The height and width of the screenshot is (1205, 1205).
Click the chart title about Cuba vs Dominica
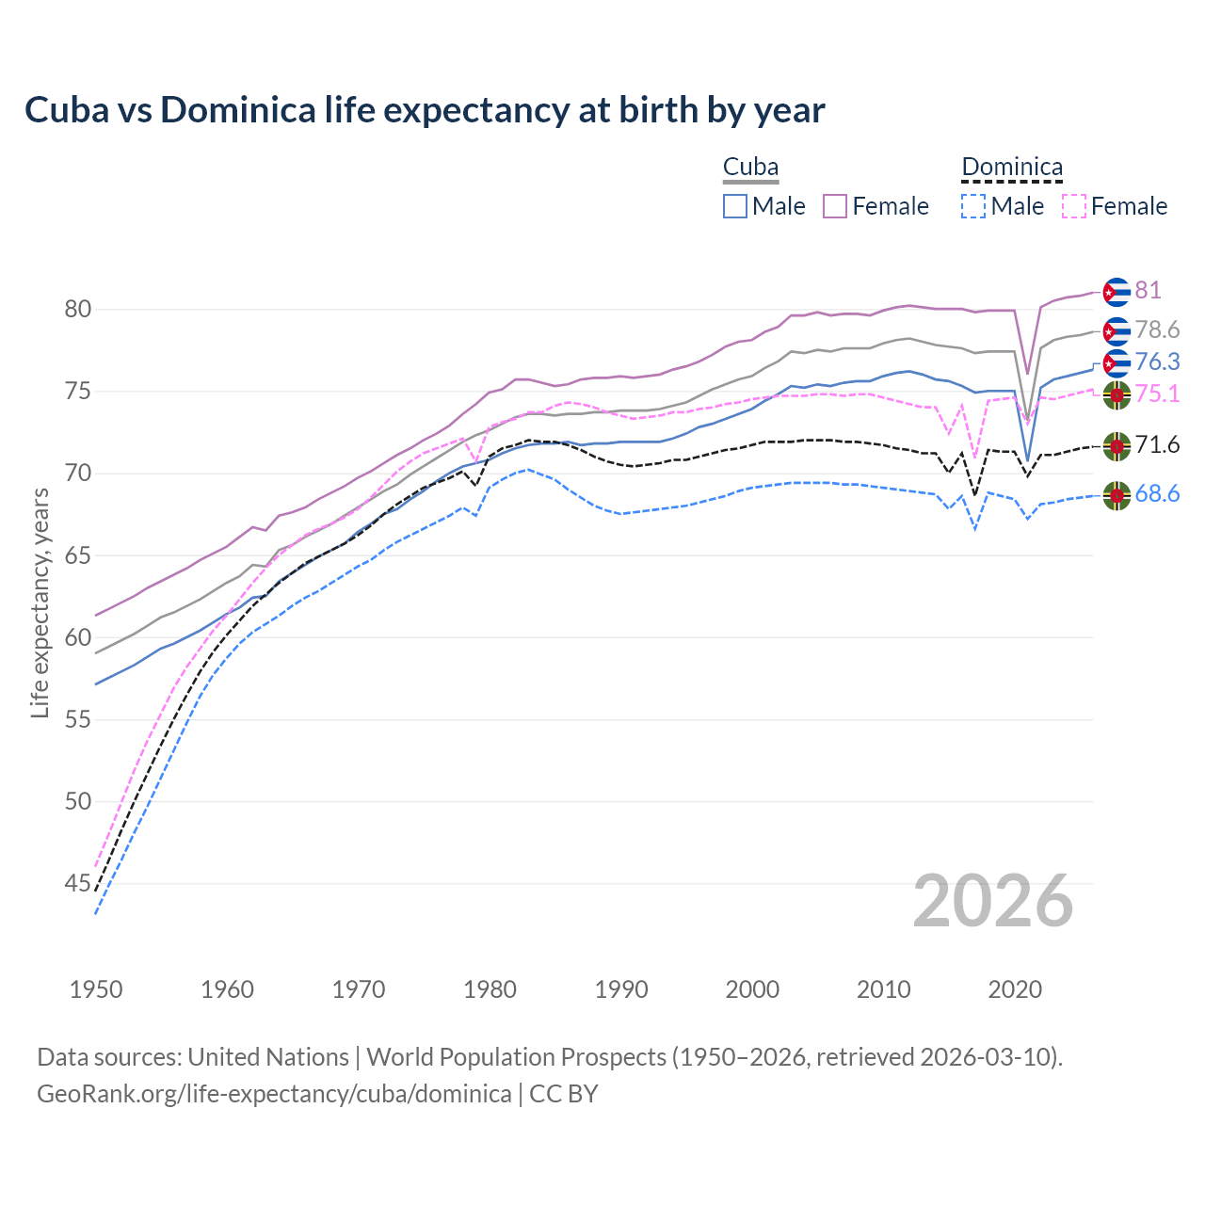click(425, 110)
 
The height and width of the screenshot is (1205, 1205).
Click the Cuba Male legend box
click(735, 206)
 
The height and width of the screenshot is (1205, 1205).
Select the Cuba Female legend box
click(835, 206)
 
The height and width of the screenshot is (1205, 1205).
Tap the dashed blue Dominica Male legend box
click(973, 206)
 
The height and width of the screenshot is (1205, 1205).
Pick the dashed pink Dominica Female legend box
click(1073, 206)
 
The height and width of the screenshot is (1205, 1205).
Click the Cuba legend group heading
click(750, 168)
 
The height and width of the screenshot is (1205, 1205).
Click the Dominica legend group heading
click(1012, 168)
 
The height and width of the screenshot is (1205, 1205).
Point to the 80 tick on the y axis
click(77, 309)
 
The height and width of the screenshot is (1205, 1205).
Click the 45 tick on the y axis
click(77, 883)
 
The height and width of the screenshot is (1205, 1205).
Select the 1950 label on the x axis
click(96, 989)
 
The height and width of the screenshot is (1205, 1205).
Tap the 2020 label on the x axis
click(1015, 989)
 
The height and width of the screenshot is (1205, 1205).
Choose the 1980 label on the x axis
click(490, 989)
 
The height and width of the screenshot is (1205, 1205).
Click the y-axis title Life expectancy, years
click(40, 602)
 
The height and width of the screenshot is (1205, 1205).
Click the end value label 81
click(1148, 291)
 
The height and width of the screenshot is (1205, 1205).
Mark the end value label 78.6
click(1157, 330)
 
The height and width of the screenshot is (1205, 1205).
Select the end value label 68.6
click(1157, 494)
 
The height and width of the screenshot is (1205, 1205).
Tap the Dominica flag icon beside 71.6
click(1117, 446)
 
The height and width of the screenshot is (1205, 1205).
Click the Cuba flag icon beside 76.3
click(1117, 362)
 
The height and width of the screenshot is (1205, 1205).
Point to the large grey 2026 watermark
click(993, 901)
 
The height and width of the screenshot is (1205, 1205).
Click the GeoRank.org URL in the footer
click(274, 1094)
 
